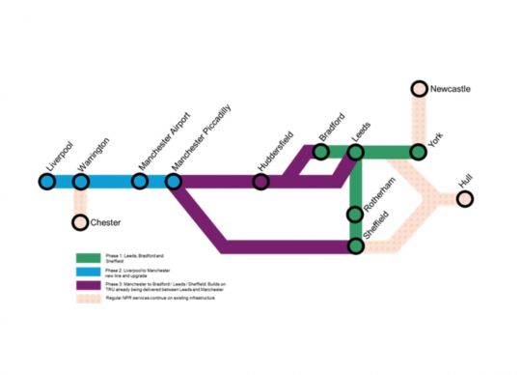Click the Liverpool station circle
point(46,180)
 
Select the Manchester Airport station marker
point(140,180)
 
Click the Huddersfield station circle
point(260,180)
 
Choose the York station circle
point(419,152)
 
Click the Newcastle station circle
point(419,90)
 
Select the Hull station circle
point(465,199)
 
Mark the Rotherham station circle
point(355,215)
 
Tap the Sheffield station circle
point(355,246)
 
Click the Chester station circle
point(80,223)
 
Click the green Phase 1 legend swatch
point(90,258)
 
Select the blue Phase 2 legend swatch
point(90,273)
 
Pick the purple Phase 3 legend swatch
point(90,286)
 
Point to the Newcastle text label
point(451,89)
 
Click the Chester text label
point(105,223)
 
